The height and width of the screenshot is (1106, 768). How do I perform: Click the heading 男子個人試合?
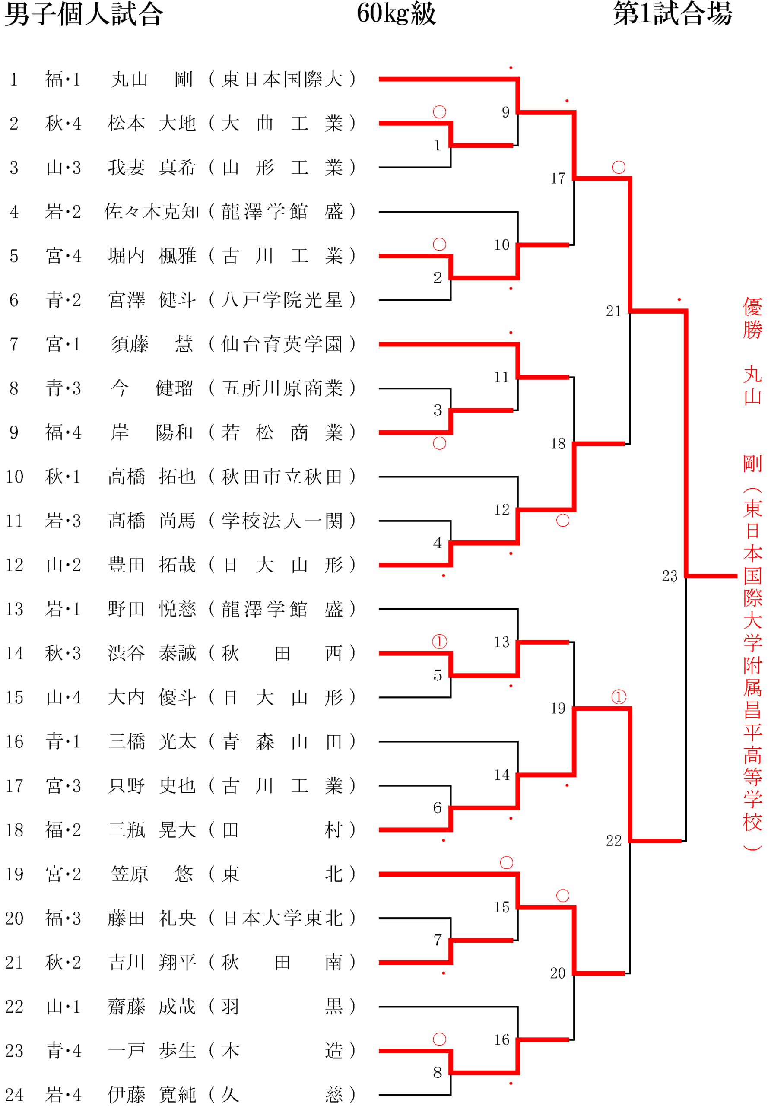click(x=84, y=14)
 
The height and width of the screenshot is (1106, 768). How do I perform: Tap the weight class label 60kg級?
click(x=397, y=13)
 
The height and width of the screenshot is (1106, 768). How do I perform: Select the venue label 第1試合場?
click(x=673, y=13)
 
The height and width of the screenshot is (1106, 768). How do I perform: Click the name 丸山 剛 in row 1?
click(x=152, y=79)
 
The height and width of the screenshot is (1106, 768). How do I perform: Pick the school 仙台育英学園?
click(x=282, y=344)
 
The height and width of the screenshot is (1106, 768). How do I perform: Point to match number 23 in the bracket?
click(x=670, y=575)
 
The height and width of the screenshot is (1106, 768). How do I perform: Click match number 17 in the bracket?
click(x=558, y=178)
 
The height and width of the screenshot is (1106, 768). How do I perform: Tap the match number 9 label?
click(x=506, y=112)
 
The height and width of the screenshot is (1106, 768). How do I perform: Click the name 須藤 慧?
click(x=152, y=344)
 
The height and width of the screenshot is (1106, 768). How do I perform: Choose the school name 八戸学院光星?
click(x=282, y=300)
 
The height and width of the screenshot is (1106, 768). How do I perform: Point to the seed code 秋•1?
click(x=63, y=477)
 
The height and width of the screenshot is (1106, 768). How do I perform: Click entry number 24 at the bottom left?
click(x=14, y=1094)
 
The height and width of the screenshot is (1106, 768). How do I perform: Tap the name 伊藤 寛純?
click(x=152, y=1094)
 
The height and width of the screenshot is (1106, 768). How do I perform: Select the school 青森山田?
click(x=282, y=741)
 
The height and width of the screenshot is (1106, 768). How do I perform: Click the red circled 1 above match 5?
click(x=439, y=642)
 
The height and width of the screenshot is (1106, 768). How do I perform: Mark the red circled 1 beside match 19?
click(x=619, y=696)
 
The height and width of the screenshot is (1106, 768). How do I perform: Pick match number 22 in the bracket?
click(x=613, y=840)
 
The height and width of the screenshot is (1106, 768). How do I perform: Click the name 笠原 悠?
click(x=152, y=874)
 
